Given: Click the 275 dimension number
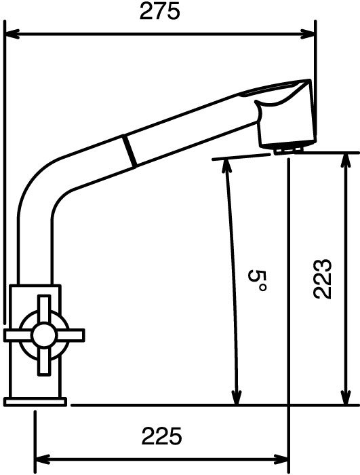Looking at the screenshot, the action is [160, 12].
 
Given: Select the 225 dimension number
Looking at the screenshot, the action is [161, 436].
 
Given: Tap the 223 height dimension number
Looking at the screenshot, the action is [323, 279].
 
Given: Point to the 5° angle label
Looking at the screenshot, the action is [257, 281].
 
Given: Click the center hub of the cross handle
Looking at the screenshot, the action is [44, 335].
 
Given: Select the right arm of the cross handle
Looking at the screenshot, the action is [71, 335].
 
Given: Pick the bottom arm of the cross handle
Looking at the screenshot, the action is [44, 361].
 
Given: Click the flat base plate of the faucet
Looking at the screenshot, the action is [35, 402].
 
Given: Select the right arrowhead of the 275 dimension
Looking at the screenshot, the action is [308, 34].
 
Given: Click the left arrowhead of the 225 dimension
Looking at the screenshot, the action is [43, 459].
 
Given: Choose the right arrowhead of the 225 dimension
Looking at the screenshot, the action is [281, 459].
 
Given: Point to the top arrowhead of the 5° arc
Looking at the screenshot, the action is [226, 166].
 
